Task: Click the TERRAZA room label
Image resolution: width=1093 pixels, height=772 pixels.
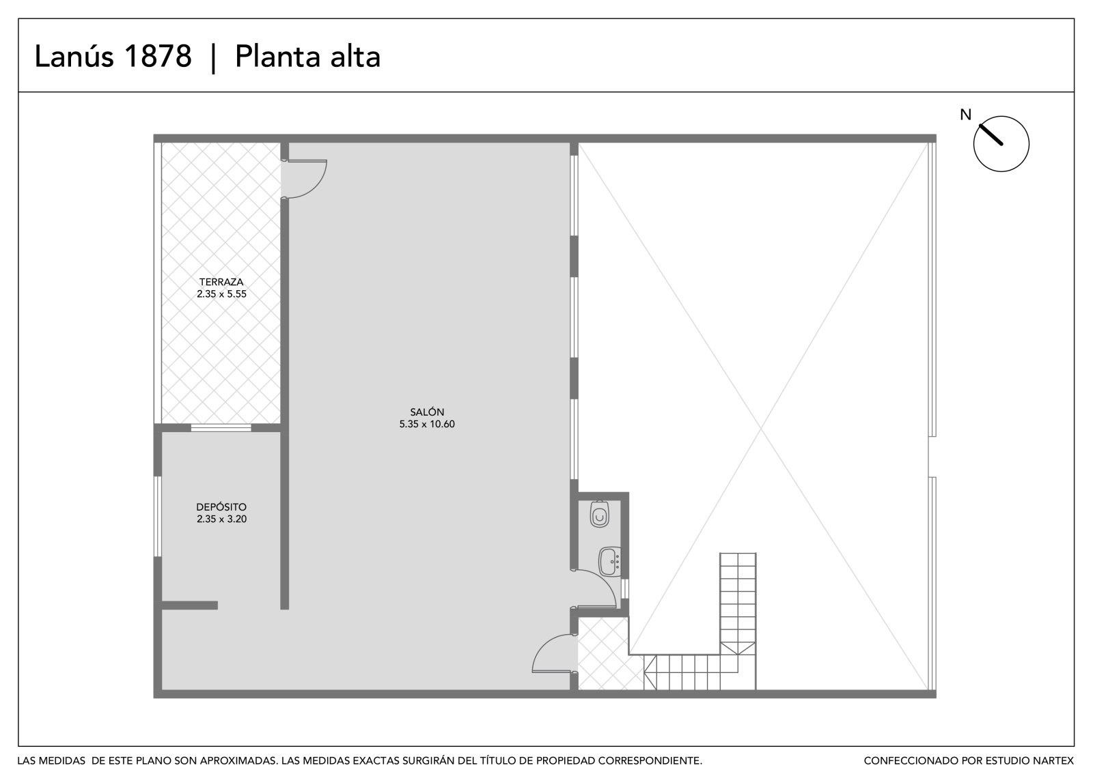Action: coord(221,282)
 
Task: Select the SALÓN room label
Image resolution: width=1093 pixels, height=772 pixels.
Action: coord(427,412)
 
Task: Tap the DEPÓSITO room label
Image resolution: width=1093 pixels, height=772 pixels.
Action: coord(221,507)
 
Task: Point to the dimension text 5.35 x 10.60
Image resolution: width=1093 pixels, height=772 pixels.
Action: coord(427,424)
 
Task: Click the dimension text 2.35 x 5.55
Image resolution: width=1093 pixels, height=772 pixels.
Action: coord(221,294)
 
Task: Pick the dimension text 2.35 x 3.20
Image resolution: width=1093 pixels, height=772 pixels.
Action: coord(221,519)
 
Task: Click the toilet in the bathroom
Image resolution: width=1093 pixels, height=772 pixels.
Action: coord(599,514)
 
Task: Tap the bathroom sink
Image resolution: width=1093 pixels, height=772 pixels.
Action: coord(610,561)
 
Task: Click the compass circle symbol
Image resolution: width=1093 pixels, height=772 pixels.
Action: coord(1001,144)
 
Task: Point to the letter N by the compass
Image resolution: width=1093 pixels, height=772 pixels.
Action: coord(966,115)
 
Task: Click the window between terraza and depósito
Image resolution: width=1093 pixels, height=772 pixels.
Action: coord(221,428)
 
